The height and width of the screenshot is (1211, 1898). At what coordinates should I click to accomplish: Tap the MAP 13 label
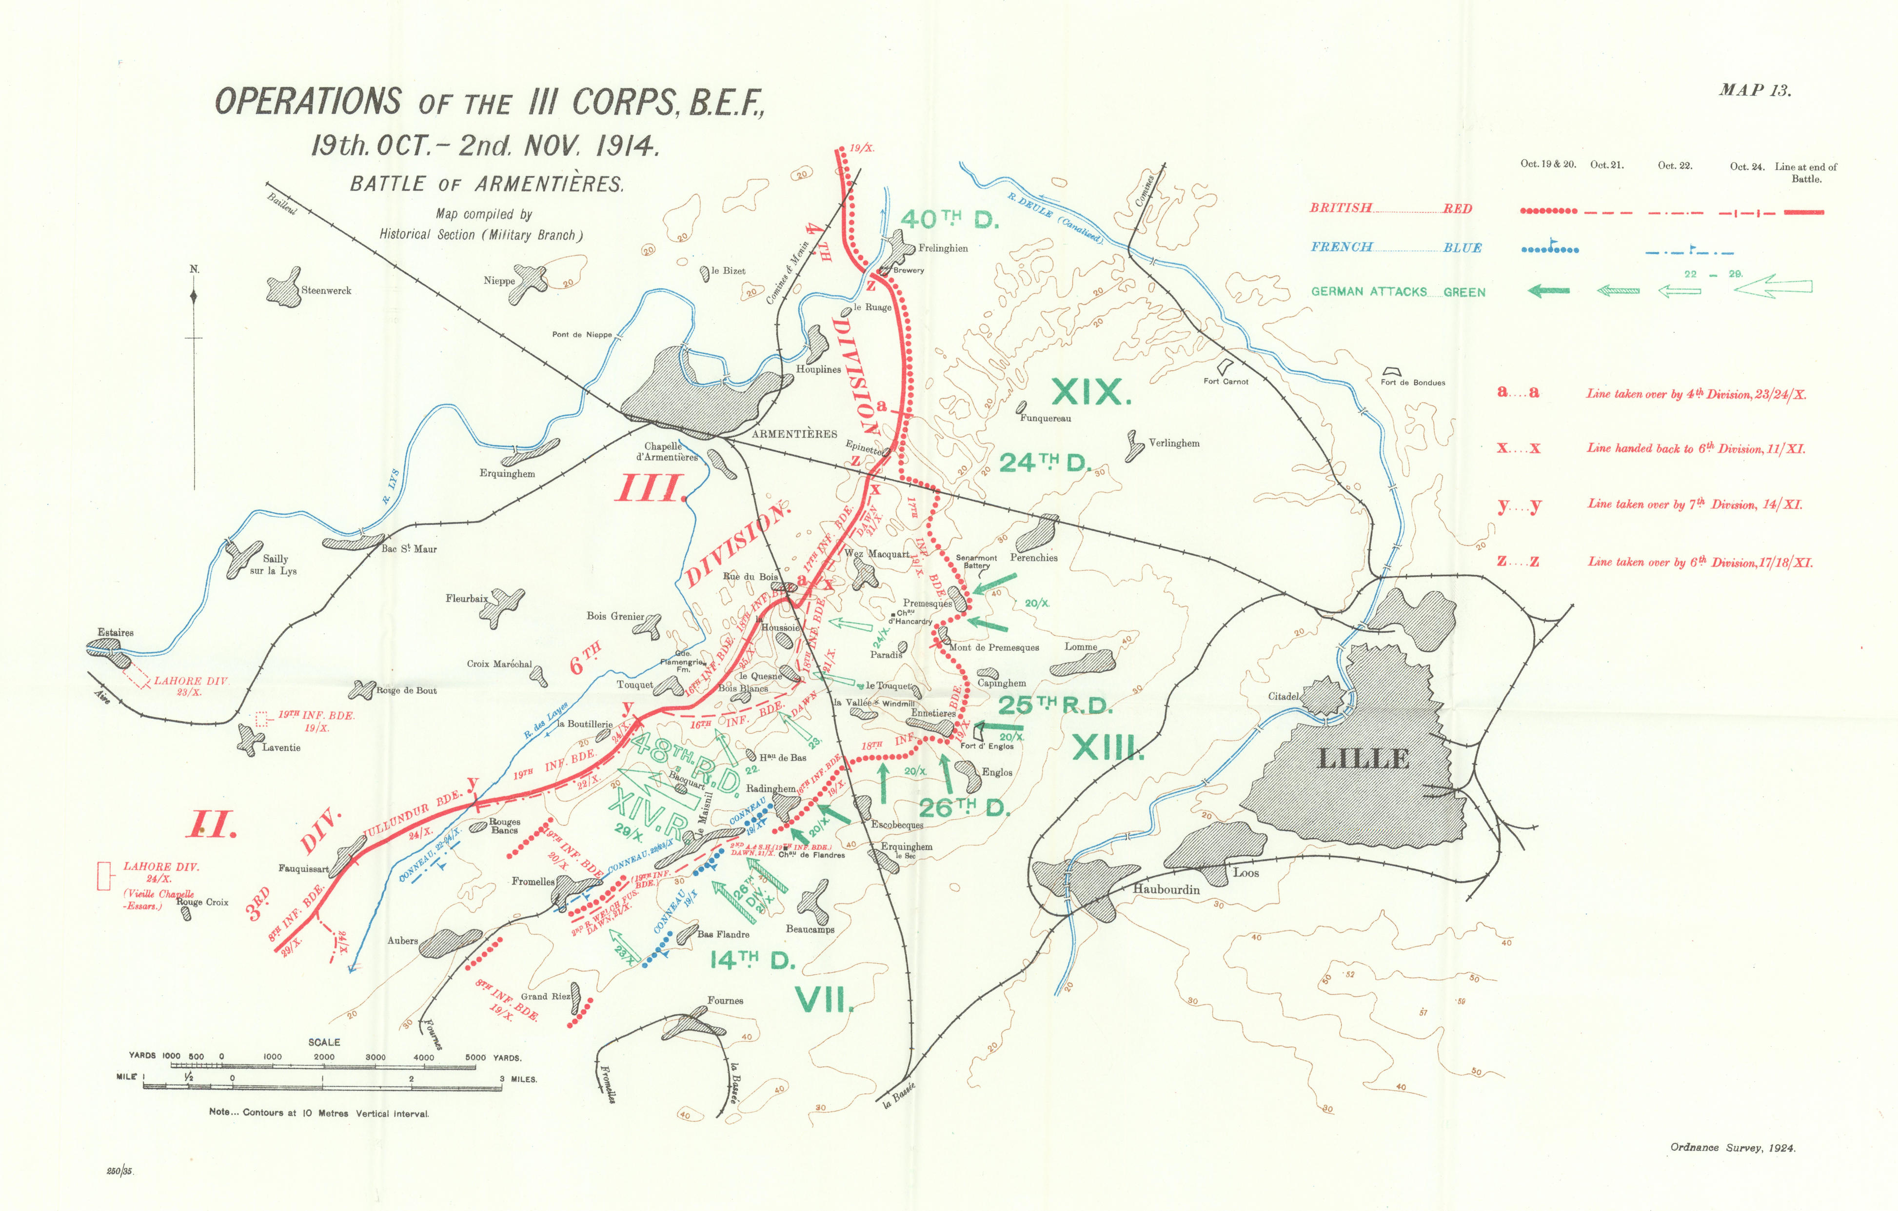click(x=1755, y=90)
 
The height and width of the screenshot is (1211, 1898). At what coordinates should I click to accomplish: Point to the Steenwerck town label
click(x=326, y=291)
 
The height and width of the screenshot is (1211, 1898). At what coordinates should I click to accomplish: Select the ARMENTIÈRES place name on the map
click(x=794, y=434)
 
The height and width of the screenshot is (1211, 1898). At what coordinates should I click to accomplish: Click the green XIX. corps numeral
click(x=1091, y=392)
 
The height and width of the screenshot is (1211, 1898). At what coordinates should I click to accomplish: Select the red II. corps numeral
click(x=211, y=826)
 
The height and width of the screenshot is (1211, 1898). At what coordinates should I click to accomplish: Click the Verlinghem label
click(x=1174, y=443)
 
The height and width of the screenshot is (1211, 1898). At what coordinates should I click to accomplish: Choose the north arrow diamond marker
click(x=195, y=297)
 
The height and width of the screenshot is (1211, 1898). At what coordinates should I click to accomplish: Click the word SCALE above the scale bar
click(x=324, y=1042)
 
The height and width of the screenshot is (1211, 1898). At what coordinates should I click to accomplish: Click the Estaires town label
click(x=116, y=632)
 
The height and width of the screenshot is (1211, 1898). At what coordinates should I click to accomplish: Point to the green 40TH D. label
click(x=948, y=219)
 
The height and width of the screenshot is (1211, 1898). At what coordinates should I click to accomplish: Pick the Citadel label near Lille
click(x=1283, y=696)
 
